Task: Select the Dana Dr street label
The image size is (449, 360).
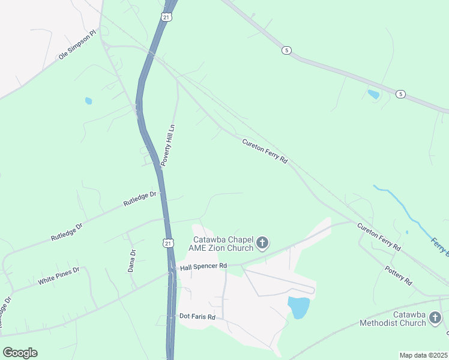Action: pyautogui.click(x=132, y=261)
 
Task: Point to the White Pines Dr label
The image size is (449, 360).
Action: pyautogui.click(x=58, y=276)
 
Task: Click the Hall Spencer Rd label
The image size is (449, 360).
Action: pyautogui.click(x=204, y=266)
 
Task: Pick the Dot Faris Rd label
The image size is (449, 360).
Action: pyautogui.click(x=197, y=316)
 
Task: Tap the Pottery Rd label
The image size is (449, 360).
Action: pyautogui.click(x=399, y=274)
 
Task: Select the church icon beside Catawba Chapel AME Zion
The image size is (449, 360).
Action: pyautogui.click(x=262, y=243)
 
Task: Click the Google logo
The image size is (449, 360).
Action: pyautogui.click(x=20, y=352)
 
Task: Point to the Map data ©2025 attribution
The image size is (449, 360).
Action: pyautogui.click(x=423, y=355)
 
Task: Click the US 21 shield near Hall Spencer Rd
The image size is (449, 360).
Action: pyautogui.click(x=169, y=242)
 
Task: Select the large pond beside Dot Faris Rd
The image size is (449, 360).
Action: pyautogui.click(x=298, y=307)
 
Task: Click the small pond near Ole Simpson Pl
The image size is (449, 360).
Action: pyautogui.click(x=89, y=101)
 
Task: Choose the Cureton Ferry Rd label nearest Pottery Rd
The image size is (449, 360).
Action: pyautogui.click(x=379, y=236)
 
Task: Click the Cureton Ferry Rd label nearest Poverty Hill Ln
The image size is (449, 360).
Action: pyautogui.click(x=265, y=151)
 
